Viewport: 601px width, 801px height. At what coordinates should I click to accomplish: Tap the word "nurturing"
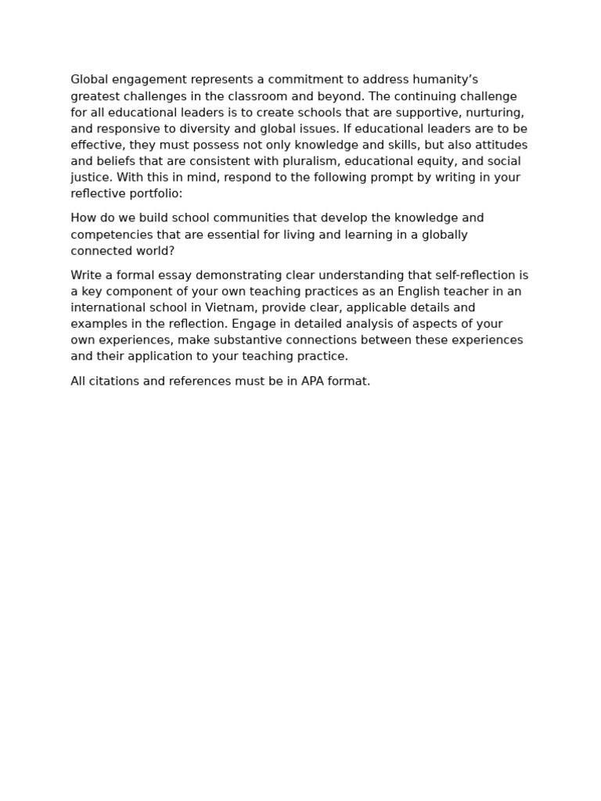tap(495, 113)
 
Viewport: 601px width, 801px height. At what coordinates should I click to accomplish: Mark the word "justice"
tap(90, 178)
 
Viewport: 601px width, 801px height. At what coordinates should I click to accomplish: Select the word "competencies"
tap(109, 235)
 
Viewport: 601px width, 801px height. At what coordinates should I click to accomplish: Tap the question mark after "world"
tap(171, 251)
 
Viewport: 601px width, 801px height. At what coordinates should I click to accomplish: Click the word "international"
tap(108, 308)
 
